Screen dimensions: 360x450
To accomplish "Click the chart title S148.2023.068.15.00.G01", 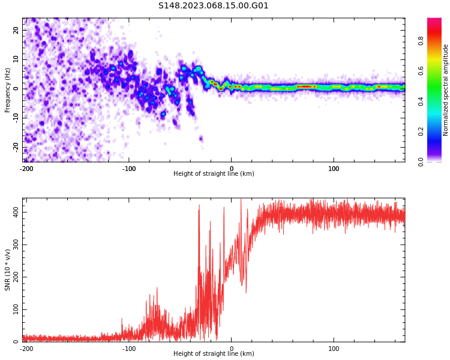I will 214,6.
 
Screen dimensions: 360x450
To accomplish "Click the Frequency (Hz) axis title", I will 8,89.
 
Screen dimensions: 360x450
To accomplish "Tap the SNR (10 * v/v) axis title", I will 8,269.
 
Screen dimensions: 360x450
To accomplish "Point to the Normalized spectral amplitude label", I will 446,89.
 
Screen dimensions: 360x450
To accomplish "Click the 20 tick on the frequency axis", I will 16,30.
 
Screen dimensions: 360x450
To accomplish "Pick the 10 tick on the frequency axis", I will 16,59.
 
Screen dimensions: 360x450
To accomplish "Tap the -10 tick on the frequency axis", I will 14,118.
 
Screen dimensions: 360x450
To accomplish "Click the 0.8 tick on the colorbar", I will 421,41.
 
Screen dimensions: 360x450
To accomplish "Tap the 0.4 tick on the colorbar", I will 421,101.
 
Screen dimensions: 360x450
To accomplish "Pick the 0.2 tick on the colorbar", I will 421,131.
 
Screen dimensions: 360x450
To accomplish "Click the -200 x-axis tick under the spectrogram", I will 26,169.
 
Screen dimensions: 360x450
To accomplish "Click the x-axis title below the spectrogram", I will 214,174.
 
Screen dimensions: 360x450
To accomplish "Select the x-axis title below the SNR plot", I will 214,354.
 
